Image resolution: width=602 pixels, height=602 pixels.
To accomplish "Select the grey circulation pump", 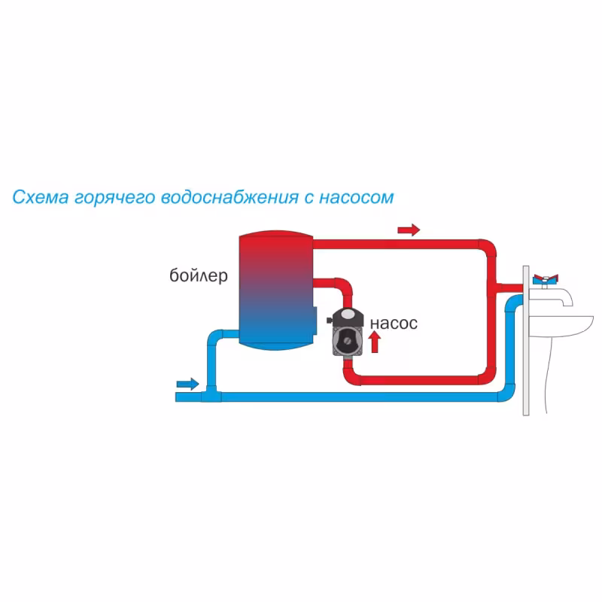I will (348, 335).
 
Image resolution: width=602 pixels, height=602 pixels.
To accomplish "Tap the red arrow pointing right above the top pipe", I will (409, 229).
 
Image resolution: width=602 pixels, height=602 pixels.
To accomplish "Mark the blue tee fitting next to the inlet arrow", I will (210, 394).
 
